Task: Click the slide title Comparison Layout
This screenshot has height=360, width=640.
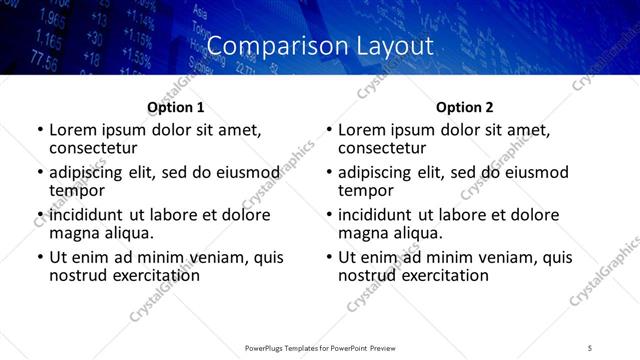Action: pyautogui.click(x=320, y=46)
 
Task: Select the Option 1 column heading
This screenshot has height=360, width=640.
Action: pyautogui.click(x=175, y=107)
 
